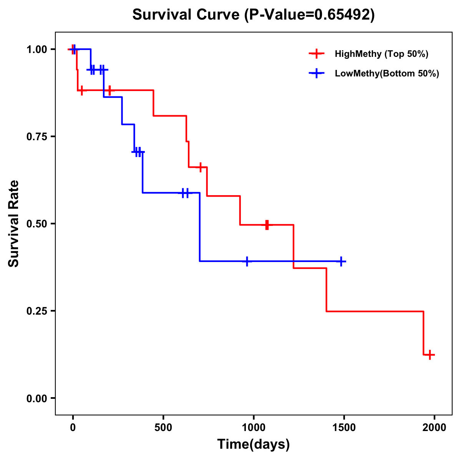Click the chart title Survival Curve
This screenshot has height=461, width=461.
[187, 15]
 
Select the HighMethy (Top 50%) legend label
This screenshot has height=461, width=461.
[381, 54]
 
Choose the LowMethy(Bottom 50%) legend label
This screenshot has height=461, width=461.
[387, 73]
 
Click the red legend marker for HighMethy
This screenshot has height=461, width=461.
[316, 54]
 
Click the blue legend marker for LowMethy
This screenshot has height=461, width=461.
[316, 73]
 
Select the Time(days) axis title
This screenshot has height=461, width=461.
[254, 444]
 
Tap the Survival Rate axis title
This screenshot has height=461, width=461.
[14, 224]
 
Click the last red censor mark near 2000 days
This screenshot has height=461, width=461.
[430, 355]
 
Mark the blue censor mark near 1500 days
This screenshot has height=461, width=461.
[340, 261]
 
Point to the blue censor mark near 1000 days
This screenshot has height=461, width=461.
[247, 261]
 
